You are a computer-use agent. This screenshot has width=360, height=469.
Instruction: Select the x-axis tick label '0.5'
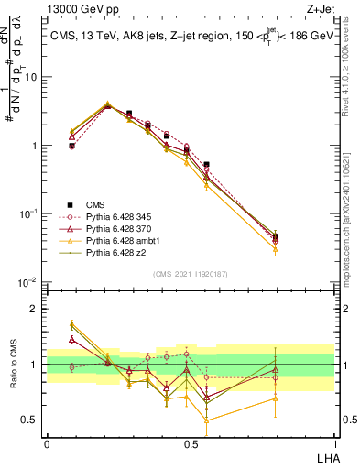[191, 442]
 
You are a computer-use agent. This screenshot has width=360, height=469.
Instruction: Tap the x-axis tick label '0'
[47, 442]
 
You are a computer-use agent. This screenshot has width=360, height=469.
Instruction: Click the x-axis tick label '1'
[334, 442]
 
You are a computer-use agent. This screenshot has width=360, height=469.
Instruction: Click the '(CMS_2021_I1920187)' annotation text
[191, 273]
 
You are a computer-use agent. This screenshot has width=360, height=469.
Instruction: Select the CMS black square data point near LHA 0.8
[276, 236]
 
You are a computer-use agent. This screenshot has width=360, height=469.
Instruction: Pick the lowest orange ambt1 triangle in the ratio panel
[206, 420]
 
